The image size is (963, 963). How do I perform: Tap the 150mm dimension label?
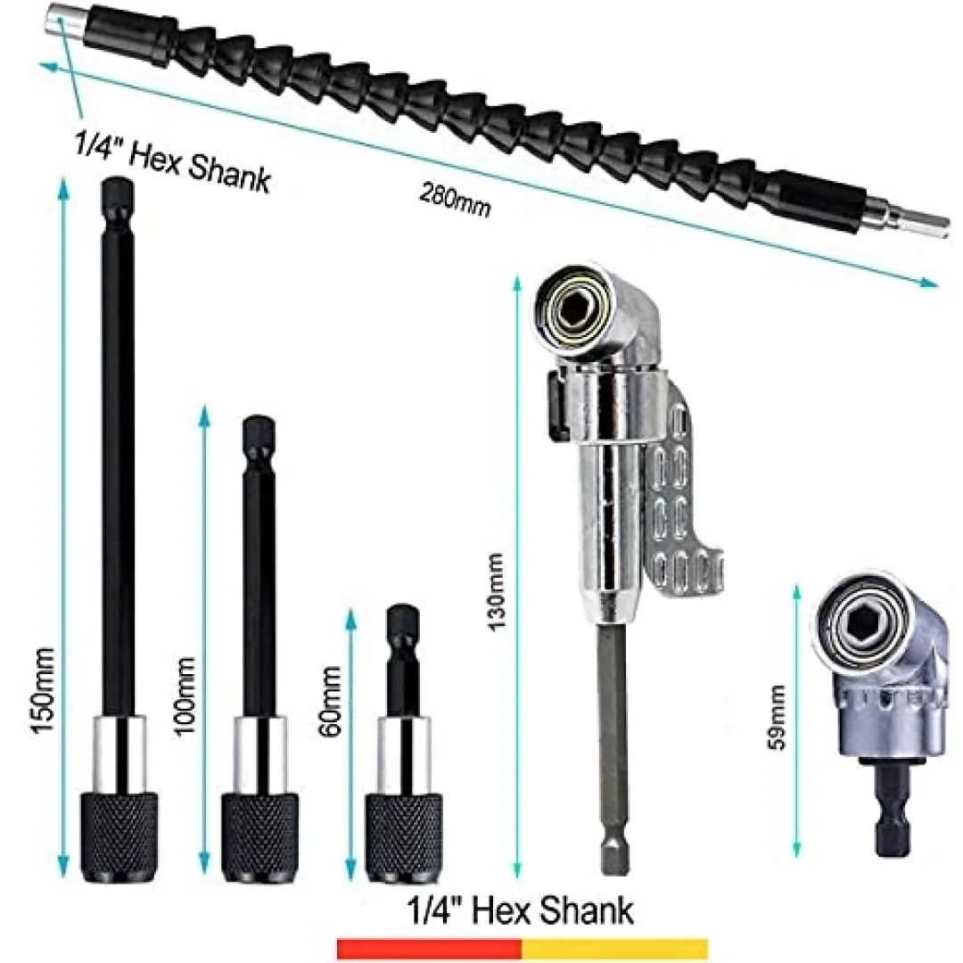click(44, 689)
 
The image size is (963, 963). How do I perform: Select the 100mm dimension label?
click(185, 695)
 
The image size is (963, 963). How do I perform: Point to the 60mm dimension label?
click(331, 702)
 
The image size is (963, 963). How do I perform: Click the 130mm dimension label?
click(494, 590)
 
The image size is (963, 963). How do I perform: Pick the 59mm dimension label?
click(777, 717)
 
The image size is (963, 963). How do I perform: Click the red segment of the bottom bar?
click(429, 948)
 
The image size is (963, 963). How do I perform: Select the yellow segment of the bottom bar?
click(614, 948)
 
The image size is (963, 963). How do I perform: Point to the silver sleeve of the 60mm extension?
click(403, 755)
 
